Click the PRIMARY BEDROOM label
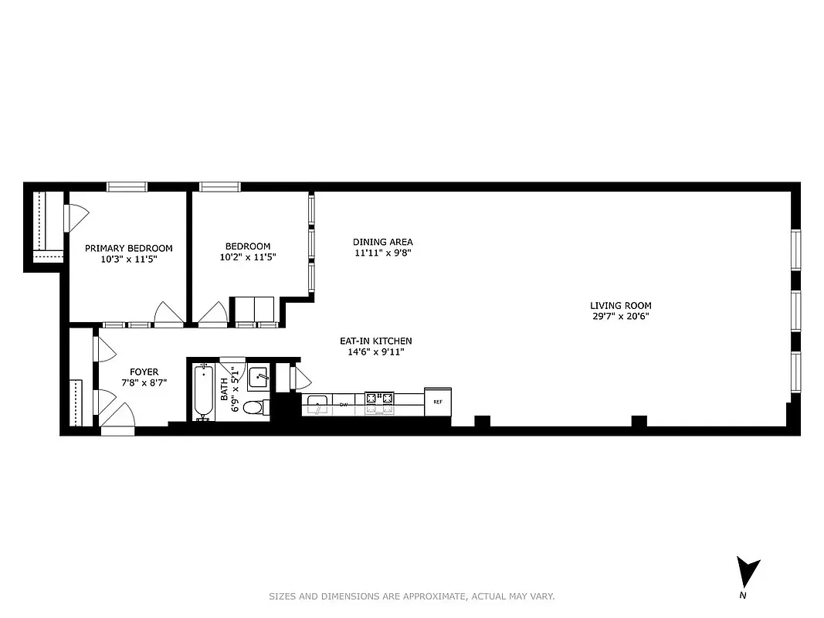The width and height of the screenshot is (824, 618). (128, 248)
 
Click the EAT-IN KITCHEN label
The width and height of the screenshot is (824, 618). (376, 341)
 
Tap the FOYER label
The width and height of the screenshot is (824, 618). (144, 372)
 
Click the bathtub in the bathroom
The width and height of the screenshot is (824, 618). (204, 392)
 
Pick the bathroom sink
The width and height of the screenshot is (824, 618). (258, 379)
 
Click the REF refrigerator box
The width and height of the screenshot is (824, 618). (438, 402)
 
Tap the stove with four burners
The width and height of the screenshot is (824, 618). (379, 399)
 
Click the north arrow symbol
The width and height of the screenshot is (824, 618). (747, 572)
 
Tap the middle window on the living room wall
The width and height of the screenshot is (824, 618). (795, 311)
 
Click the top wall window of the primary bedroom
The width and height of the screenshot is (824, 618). (127, 186)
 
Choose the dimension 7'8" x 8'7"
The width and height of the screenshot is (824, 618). (144, 382)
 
